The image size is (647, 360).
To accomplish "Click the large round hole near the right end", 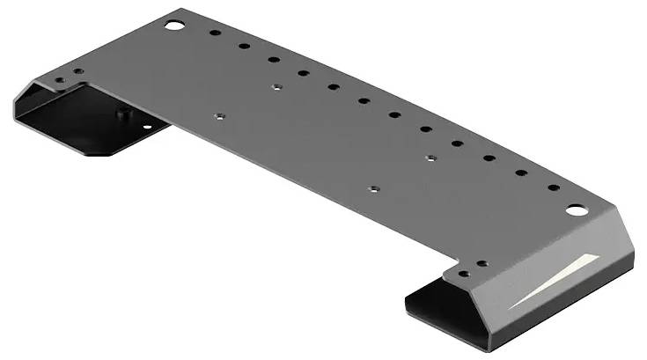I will coord(575,210).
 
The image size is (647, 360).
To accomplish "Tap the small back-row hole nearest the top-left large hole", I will coord(214,33).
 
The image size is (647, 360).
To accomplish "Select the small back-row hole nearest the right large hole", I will coord(553,187).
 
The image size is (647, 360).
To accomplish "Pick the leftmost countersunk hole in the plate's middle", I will coord(219,114).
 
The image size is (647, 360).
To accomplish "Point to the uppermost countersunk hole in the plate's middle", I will coord(276,87).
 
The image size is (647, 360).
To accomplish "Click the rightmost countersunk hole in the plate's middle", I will coord(430,158).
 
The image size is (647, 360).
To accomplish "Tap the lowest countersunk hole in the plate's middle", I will coord(373,188).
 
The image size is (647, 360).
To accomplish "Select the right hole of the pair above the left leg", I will coord(78,71).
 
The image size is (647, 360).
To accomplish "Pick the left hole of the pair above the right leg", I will coord(463,274).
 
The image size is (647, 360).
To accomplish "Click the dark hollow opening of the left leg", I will coord(70,123).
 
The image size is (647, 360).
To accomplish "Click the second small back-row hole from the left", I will coord(244,46).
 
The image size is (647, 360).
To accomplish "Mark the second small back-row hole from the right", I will coord(520,173).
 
